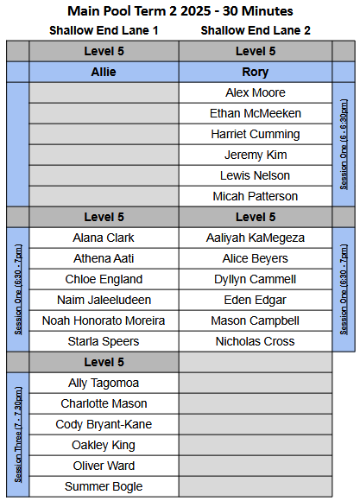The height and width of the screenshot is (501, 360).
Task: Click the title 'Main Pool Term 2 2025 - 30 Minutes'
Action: (180, 11)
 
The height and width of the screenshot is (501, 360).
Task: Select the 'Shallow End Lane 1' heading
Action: (104, 30)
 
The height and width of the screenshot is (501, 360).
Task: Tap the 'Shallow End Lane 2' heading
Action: (256, 30)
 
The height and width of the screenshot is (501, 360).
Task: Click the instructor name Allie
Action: (104, 72)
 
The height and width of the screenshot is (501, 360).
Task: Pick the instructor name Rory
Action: (256, 72)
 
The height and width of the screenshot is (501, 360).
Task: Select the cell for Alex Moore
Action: (256, 92)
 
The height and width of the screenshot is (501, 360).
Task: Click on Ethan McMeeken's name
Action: (256, 113)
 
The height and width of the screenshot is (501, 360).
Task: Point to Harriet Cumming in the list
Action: (256, 134)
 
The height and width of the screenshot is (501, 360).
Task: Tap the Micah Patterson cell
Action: (256, 196)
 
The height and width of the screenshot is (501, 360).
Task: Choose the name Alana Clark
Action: (104, 238)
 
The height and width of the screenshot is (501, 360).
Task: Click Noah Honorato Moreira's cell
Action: (104, 320)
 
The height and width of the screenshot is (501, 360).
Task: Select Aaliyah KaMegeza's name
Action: (256, 238)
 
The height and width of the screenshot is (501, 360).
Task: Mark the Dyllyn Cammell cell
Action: (256, 279)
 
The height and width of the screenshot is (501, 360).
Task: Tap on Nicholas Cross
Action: (256, 341)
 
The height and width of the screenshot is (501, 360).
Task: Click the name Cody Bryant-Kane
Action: (104, 424)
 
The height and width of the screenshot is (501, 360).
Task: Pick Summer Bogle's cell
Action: (104, 486)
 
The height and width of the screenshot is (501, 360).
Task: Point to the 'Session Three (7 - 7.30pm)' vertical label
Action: (18, 434)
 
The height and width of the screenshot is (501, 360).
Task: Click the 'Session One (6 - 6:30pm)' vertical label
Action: (344, 144)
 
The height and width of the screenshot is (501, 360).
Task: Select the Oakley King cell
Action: (104, 445)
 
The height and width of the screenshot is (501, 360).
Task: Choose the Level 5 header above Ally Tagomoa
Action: (104, 362)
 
